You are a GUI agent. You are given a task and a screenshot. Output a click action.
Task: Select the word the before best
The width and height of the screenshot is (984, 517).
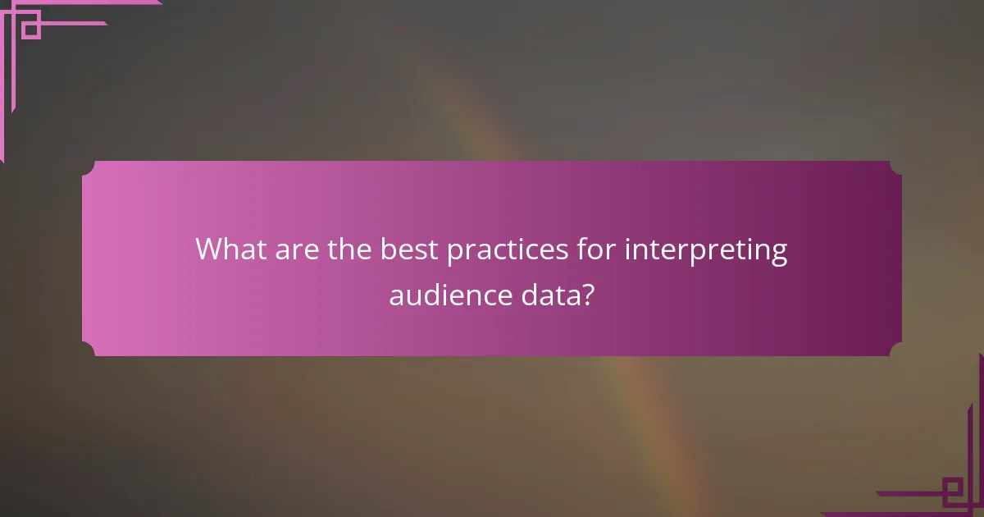click(350, 249)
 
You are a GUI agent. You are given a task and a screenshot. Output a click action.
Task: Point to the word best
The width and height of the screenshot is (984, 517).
click(409, 249)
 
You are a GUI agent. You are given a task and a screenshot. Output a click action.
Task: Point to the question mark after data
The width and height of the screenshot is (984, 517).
click(588, 295)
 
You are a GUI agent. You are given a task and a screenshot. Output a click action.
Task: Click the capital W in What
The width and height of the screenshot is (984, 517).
click(210, 249)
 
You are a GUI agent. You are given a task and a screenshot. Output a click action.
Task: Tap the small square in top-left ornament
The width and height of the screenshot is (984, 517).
click(30, 30)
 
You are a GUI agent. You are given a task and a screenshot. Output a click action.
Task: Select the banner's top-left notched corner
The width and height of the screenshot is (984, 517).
click(88, 167)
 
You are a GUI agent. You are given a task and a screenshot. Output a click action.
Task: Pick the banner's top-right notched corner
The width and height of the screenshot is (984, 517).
click(896, 167)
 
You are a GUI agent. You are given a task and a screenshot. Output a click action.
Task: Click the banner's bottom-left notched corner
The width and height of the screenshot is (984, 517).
click(88, 350)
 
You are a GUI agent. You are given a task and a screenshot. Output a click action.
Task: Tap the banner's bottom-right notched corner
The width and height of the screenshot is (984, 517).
click(896, 350)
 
